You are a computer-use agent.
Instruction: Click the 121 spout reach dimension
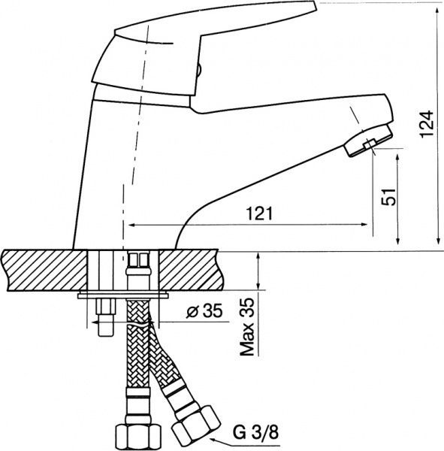click(x=256, y=213)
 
